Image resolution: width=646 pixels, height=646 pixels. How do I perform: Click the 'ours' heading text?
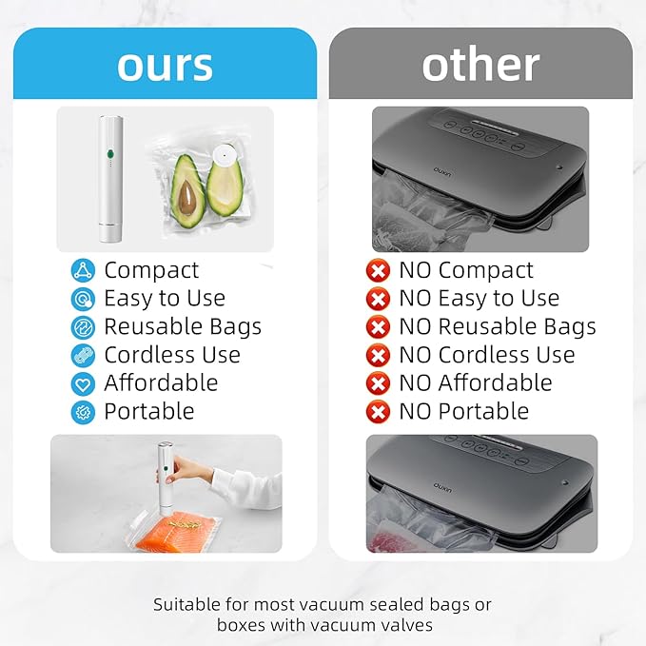(x=164, y=64)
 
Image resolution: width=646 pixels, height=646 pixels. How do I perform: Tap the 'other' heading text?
(x=480, y=64)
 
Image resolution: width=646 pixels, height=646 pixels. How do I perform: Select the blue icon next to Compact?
(x=84, y=270)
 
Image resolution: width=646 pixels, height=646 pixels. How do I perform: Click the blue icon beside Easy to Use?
(x=84, y=299)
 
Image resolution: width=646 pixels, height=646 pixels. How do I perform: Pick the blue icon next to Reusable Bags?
(x=84, y=327)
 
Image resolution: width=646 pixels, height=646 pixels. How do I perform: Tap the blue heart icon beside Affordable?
(x=84, y=383)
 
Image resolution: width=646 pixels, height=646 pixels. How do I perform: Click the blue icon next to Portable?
(x=84, y=412)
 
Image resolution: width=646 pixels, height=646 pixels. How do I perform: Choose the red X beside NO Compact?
(x=379, y=270)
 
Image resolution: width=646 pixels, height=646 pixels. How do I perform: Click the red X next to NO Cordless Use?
(x=379, y=355)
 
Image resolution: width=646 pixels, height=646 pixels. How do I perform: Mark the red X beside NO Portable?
(x=379, y=412)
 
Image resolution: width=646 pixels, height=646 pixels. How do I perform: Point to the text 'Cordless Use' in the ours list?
(x=172, y=355)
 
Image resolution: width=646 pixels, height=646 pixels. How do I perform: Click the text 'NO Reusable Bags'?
(x=498, y=326)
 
